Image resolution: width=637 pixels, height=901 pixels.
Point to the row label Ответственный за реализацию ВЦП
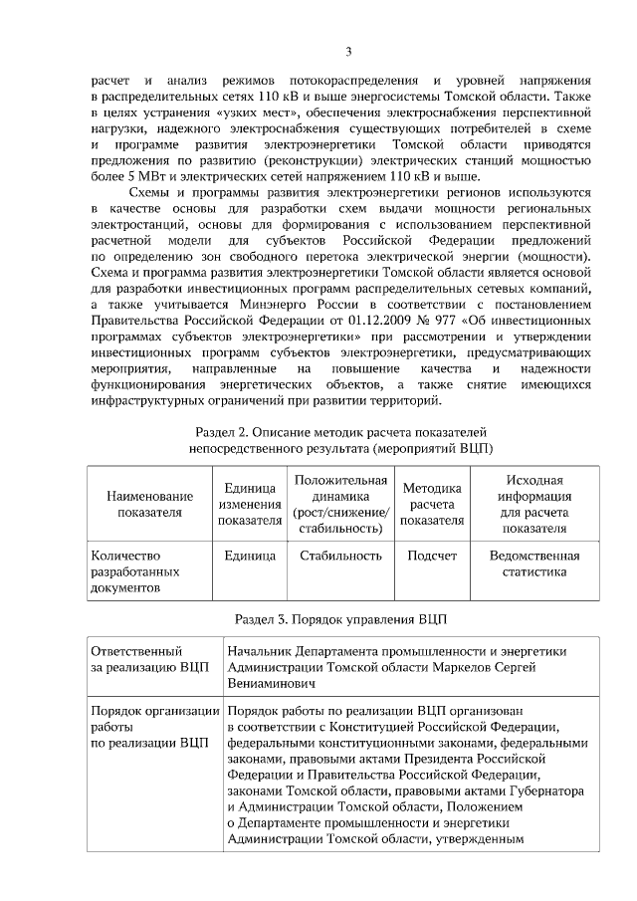[x=149, y=659]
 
